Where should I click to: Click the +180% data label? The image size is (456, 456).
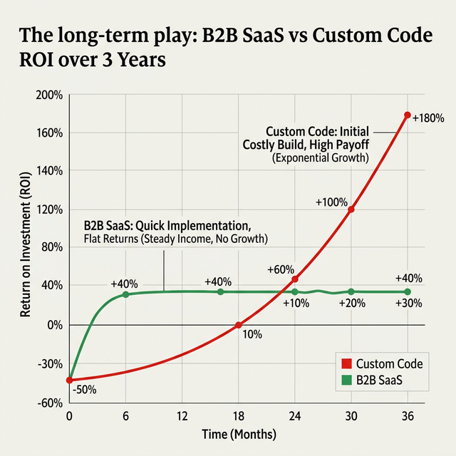[x=428, y=118]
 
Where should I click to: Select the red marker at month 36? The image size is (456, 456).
[x=408, y=115]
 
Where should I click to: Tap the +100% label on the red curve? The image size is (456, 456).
[x=330, y=202]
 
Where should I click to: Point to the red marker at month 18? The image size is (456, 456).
[x=239, y=326]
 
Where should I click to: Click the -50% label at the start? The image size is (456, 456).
[x=84, y=390]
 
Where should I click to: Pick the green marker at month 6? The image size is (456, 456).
[x=126, y=294]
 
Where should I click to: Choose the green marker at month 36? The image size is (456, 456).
[x=408, y=292]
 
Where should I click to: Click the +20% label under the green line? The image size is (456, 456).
[x=351, y=304]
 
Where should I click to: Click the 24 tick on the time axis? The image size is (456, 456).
[x=295, y=417]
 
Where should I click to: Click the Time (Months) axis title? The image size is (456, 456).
[x=238, y=434]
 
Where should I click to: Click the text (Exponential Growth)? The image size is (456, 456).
[x=320, y=158]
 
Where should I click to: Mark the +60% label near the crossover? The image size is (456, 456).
[x=281, y=270]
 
